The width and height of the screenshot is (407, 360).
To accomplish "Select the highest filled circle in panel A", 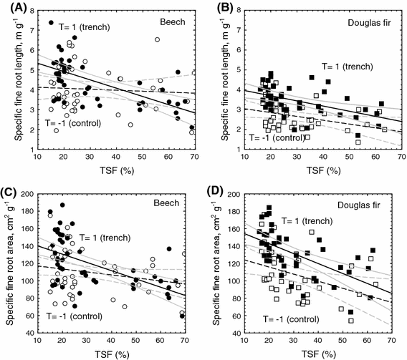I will click(51, 24).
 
